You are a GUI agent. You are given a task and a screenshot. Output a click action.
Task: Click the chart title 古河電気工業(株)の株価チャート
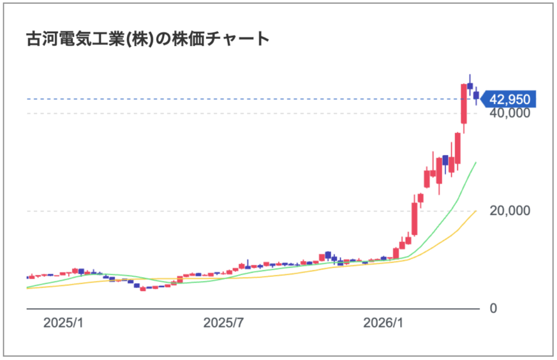[x=148, y=40]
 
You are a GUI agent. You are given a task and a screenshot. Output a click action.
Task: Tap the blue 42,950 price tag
[x=510, y=99]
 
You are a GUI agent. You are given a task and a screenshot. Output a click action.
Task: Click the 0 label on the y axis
[x=493, y=308]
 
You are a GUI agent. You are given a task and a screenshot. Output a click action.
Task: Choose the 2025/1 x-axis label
[x=63, y=322]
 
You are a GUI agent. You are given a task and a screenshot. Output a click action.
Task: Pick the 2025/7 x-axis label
[x=223, y=322]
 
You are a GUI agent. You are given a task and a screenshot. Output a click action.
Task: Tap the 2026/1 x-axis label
[x=383, y=322]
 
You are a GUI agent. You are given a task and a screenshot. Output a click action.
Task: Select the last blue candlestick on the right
[x=476, y=96]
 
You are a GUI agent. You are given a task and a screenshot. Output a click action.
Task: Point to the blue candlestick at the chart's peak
[x=470, y=86]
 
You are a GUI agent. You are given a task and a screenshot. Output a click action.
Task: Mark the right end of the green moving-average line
[x=476, y=163]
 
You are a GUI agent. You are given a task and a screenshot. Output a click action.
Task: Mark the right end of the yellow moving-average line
[x=476, y=211]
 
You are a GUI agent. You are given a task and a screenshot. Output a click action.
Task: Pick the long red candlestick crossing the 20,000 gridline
[x=414, y=218]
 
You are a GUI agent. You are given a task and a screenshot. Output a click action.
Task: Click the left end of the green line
[x=27, y=287]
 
